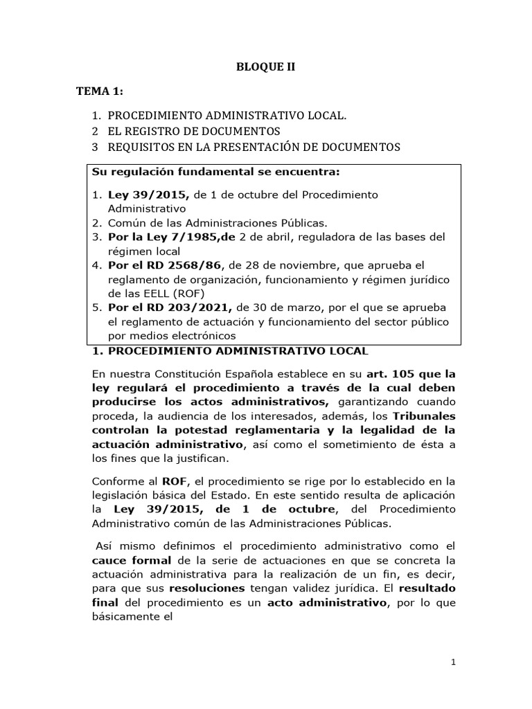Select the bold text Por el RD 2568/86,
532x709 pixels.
[x=157, y=265]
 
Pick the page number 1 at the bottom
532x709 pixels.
[x=452, y=663]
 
